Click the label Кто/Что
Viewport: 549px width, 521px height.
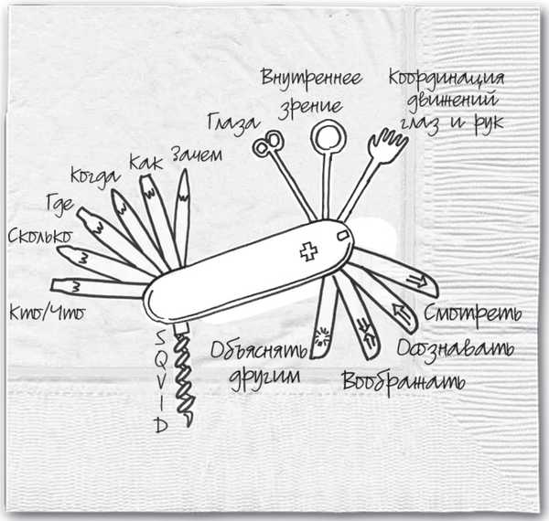tap(45, 313)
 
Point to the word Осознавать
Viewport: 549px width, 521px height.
tap(455, 349)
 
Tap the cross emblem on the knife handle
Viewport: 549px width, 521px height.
tap(308, 253)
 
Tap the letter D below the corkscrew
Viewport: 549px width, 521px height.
tap(160, 425)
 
